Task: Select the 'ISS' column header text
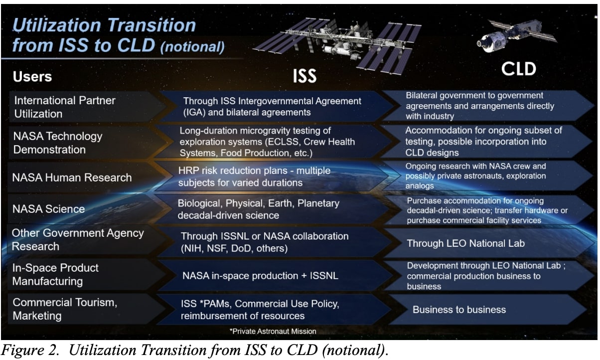click(304, 76)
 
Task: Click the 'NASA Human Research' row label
click(72, 178)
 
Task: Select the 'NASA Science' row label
click(48, 209)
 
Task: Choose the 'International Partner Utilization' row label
click(65, 107)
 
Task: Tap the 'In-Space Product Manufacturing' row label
click(55, 274)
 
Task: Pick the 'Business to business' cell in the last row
click(459, 310)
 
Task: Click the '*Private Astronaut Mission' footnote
click(272, 331)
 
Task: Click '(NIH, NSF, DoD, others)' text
click(234, 248)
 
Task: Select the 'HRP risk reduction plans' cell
click(254, 177)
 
